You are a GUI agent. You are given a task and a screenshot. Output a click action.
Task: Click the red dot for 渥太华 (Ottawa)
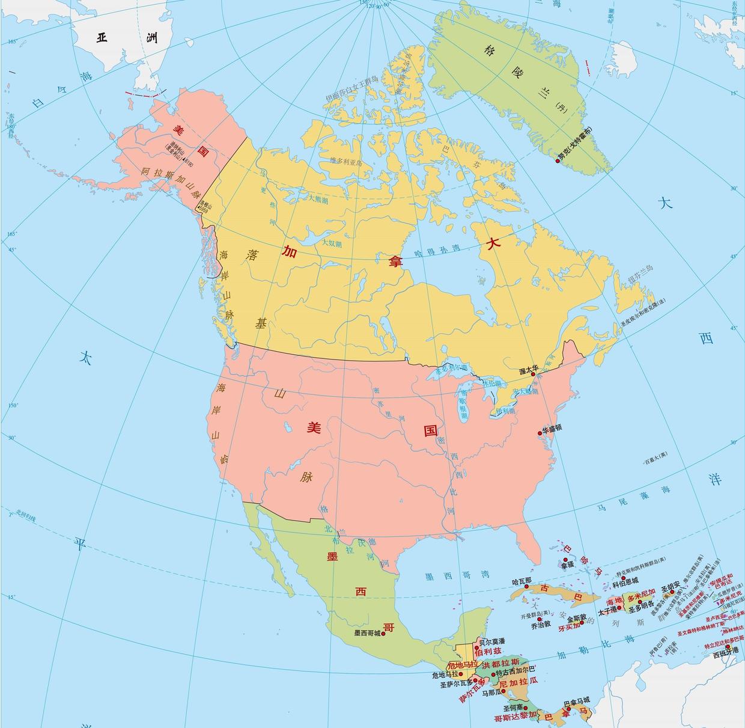(533, 374)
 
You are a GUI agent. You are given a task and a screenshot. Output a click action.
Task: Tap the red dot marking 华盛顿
(540, 433)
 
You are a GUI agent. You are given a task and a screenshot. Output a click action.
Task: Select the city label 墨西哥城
(368, 633)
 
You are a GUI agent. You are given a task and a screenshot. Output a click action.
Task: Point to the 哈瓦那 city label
(521, 581)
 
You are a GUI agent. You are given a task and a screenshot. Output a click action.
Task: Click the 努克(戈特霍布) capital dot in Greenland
(558, 161)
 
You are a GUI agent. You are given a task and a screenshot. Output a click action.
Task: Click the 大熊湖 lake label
(318, 198)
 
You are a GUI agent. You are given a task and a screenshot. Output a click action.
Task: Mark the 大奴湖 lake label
(331, 243)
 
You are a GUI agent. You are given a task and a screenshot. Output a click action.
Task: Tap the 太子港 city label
(609, 613)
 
